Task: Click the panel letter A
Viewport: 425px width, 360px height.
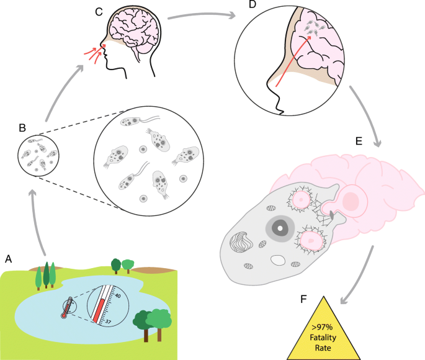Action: pos(9,257)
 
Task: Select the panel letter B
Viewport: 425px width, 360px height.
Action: pos(22,128)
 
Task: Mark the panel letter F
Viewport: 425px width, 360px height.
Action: pos(303,299)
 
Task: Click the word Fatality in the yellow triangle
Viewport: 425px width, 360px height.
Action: pos(323,338)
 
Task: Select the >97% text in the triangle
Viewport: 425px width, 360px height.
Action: pos(323,328)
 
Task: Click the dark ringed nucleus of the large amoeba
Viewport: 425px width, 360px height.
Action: pos(280,228)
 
